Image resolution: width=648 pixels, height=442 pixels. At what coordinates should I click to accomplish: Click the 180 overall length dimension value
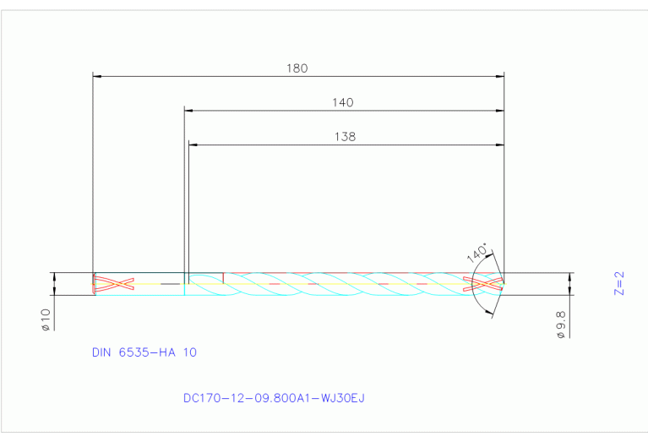[x=297, y=68]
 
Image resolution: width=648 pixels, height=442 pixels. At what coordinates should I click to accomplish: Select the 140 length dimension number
[x=342, y=102]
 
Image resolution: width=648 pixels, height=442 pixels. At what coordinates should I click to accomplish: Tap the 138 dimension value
[x=345, y=136]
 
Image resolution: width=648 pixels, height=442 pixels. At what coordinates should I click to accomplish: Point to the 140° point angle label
[x=477, y=253]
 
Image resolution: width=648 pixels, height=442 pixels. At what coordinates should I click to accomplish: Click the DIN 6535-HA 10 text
[x=144, y=352]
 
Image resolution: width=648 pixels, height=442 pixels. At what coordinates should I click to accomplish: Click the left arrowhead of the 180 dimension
[x=96, y=76]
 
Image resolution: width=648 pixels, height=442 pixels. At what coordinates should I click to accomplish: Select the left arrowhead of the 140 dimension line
[x=189, y=110]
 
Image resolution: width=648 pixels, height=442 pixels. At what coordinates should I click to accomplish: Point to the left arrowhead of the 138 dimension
[x=193, y=145]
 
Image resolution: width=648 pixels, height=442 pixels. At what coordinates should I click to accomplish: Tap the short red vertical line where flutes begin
[x=223, y=278]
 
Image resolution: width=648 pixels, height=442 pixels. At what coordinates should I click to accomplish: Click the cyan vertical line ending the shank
[x=184, y=284]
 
